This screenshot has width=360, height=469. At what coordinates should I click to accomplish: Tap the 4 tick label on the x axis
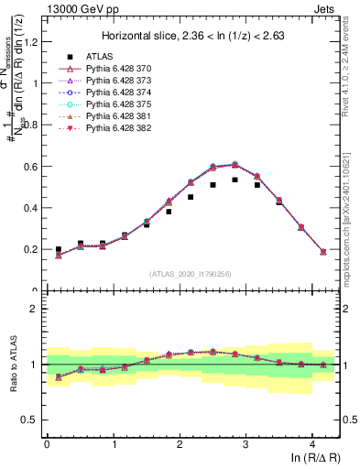click(x=312, y=443)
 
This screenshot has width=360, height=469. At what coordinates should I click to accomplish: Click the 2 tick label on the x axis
click(x=180, y=443)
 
